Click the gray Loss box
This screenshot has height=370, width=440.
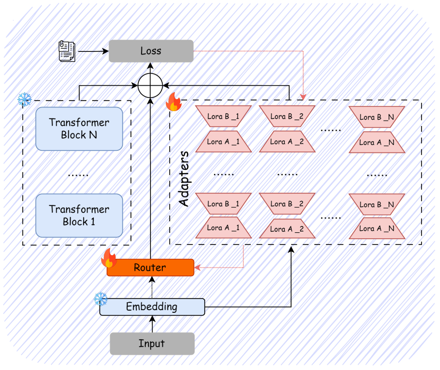[151, 51]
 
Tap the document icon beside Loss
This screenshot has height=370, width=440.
[67, 51]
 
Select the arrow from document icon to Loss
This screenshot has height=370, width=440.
[93, 51]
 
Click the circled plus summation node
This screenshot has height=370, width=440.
[151, 85]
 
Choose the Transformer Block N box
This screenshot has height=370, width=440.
[79, 129]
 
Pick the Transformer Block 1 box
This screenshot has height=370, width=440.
[79, 215]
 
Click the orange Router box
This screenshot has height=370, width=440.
[151, 267]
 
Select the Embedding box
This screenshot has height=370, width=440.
[152, 306]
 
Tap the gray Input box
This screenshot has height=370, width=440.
[152, 344]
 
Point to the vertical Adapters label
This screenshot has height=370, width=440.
[184, 179]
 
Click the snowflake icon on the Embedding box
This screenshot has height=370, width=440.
[101, 299]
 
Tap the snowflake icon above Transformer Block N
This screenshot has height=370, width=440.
[25, 100]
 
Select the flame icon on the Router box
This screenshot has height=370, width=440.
[109, 258]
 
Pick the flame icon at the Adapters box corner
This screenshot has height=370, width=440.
[174, 102]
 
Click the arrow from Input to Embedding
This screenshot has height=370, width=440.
[152, 324]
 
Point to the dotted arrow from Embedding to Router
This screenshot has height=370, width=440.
[152, 287]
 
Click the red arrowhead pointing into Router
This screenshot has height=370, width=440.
[197, 267]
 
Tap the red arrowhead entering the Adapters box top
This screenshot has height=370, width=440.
[303, 97]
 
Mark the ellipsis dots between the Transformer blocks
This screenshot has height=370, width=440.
[78, 175]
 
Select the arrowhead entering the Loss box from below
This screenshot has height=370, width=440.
[151, 66]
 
